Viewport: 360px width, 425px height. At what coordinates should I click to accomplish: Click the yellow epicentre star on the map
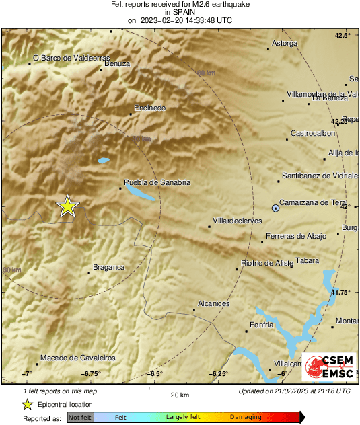(x=67, y=206)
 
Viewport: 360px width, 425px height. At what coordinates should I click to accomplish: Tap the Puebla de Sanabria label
(x=157, y=182)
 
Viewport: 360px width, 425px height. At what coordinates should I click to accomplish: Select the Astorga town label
(x=284, y=44)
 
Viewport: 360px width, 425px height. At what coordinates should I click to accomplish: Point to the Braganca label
(x=108, y=267)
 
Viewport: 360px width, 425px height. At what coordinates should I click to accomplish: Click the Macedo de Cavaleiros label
(x=77, y=358)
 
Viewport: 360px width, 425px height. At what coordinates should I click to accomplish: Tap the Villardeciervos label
(x=237, y=221)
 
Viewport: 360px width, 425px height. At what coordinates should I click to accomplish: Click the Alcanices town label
(x=213, y=303)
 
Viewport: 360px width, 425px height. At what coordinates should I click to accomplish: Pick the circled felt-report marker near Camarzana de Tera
(x=275, y=209)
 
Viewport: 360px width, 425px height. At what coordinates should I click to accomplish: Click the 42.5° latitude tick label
(x=343, y=35)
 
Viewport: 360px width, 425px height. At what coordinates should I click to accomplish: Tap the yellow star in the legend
(x=27, y=404)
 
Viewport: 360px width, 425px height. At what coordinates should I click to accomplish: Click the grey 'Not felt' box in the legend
(x=79, y=418)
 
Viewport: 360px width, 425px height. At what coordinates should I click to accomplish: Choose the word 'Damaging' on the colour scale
(x=246, y=418)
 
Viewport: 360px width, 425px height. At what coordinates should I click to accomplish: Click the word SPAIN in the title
(x=179, y=12)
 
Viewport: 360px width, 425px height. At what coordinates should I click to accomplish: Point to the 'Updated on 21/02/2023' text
(x=294, y=391)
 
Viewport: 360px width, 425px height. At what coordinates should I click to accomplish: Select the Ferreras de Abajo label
(x=297, y=236)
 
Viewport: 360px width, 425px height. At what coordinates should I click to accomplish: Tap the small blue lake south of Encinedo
(x=103, y=161)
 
